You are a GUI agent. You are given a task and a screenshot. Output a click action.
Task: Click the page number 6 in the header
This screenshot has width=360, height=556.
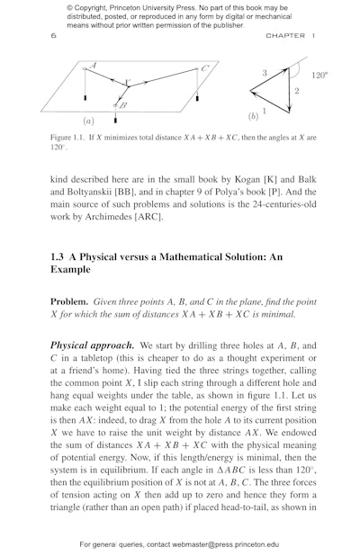click(x=54, y=36)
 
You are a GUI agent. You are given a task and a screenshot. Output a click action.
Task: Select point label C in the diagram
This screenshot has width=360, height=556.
click(x=205, y=68)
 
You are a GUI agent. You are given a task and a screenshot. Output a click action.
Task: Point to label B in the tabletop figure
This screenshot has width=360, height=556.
click(x=122, y=105)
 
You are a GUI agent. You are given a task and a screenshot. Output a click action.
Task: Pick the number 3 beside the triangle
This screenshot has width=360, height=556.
click(x=265, y=72)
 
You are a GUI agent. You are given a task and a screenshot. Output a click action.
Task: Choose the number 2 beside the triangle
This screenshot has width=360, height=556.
click(x=297, y=92)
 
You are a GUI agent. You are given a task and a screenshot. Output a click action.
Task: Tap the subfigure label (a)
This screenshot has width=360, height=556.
click(x=88, y=121)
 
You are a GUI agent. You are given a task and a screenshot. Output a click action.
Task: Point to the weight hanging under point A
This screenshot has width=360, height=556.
click(x=85, y=94)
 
